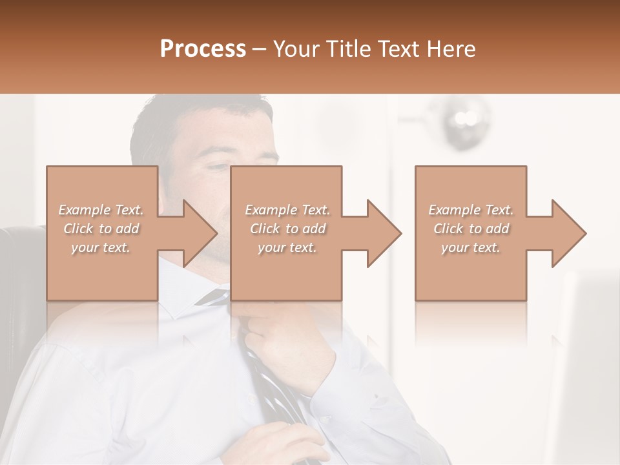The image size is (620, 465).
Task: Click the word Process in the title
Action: tap(203, 49)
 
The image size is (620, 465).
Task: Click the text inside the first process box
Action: tap(101, 229)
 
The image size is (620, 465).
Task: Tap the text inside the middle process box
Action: tap(287, 229)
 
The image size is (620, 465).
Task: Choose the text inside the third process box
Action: tap(471, 229)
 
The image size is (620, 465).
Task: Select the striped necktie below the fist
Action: tap(271, 387)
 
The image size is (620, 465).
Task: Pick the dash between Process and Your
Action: tap(260, 49)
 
